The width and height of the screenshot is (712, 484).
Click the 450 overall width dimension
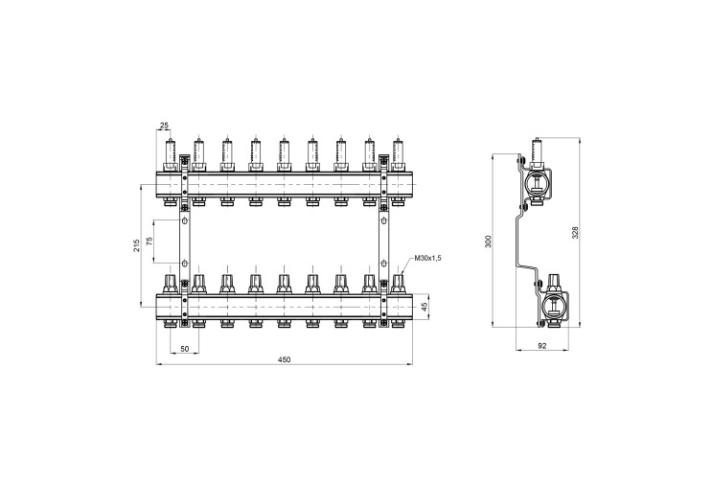point(284,359)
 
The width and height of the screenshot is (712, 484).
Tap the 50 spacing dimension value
point(184,349)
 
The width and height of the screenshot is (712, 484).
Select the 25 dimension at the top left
point(164,125)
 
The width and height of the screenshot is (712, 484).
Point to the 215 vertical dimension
point(136,245)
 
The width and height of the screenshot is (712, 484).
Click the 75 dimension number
point(149,242)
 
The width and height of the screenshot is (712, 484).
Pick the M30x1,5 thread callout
point(427,259)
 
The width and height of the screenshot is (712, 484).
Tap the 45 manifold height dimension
point(425,307)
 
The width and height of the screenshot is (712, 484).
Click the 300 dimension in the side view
point(488,242)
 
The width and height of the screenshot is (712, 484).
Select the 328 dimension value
point(575,232)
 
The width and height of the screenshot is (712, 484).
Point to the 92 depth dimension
point(541,346)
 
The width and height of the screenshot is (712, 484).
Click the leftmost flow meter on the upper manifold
point(171,152)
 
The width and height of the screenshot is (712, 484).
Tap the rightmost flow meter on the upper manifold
point(399,152)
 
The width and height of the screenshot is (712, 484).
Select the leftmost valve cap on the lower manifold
point(171,285)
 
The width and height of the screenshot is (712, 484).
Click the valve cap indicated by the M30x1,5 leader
point(399,285)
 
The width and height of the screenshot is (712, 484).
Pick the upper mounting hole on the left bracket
point(184,221)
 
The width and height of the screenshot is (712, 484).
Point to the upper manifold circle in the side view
point(538,183)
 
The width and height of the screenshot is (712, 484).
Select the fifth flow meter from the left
point(285,152)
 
